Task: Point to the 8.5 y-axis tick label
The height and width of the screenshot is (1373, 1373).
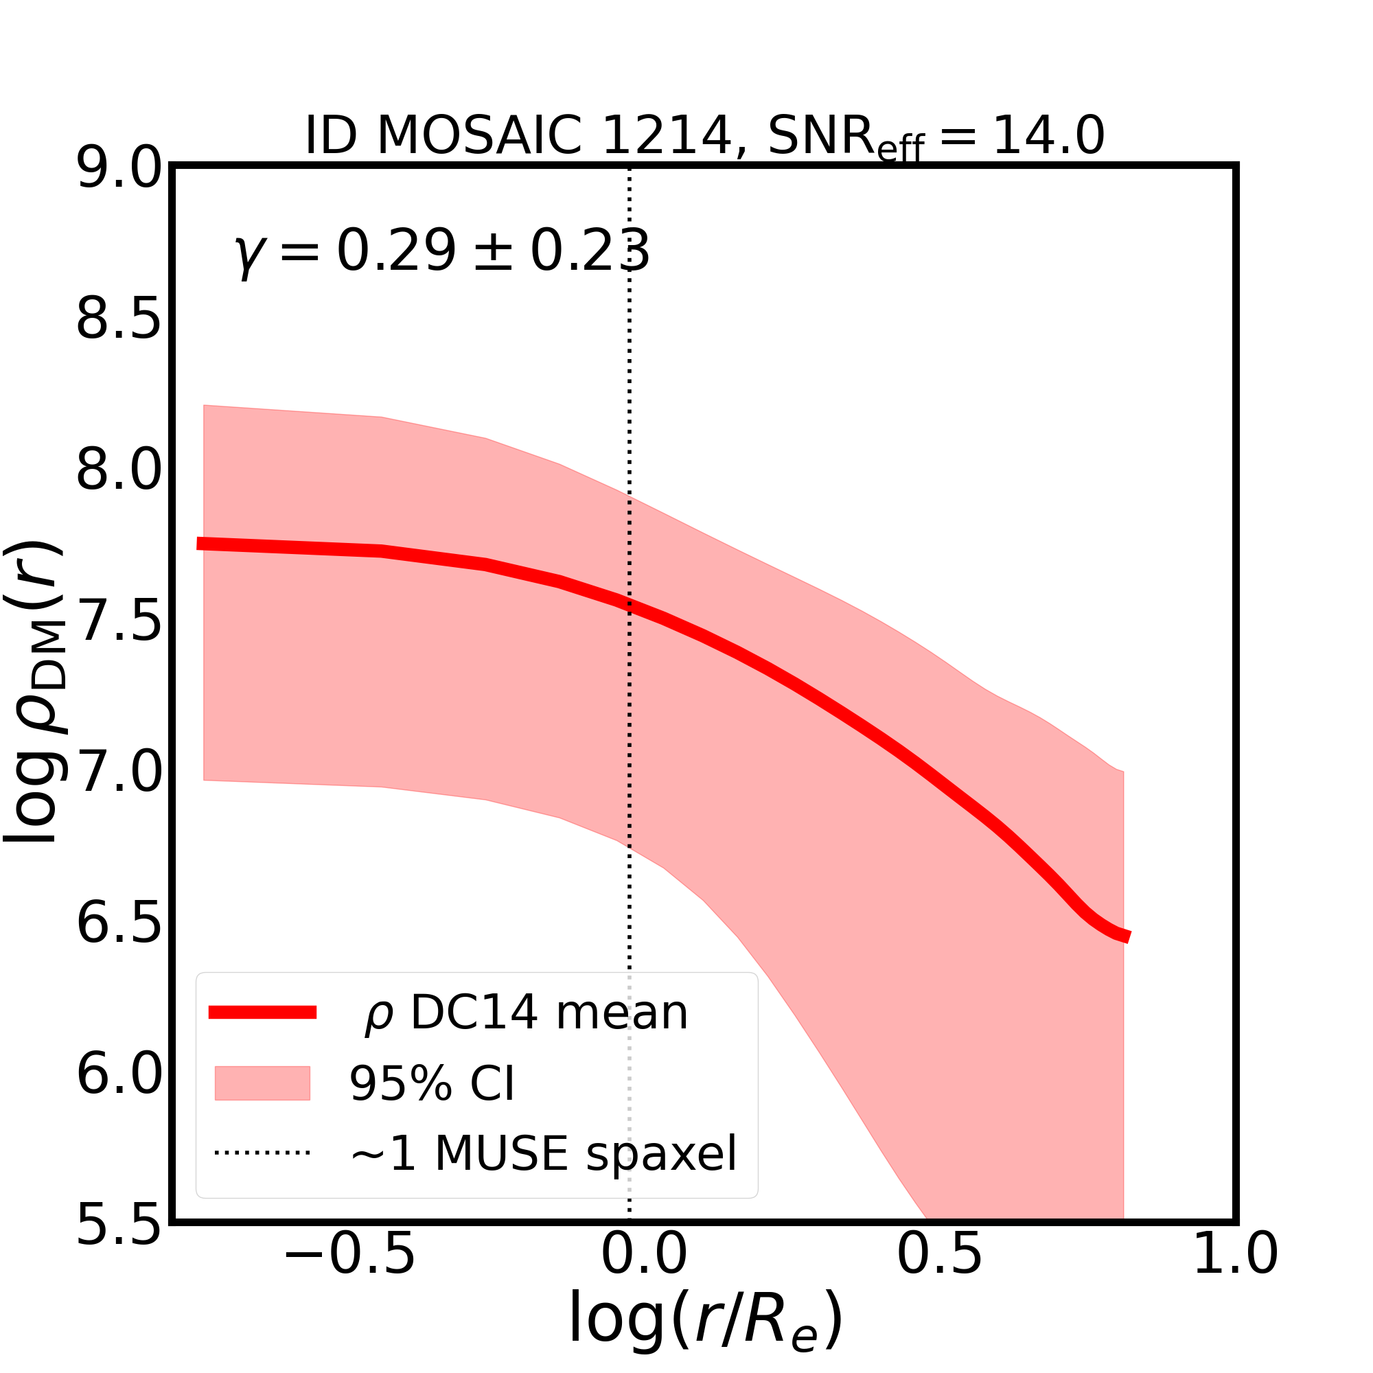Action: pyautogui.click(x=119, y=320)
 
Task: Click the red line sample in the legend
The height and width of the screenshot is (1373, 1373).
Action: pyautogui.click(x=262, y=1013)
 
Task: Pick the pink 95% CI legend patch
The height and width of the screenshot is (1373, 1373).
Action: pyautogui.click(x=262, y=1083)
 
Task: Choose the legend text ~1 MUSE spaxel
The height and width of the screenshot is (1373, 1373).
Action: pyautogui.click(x=544, y=1153)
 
